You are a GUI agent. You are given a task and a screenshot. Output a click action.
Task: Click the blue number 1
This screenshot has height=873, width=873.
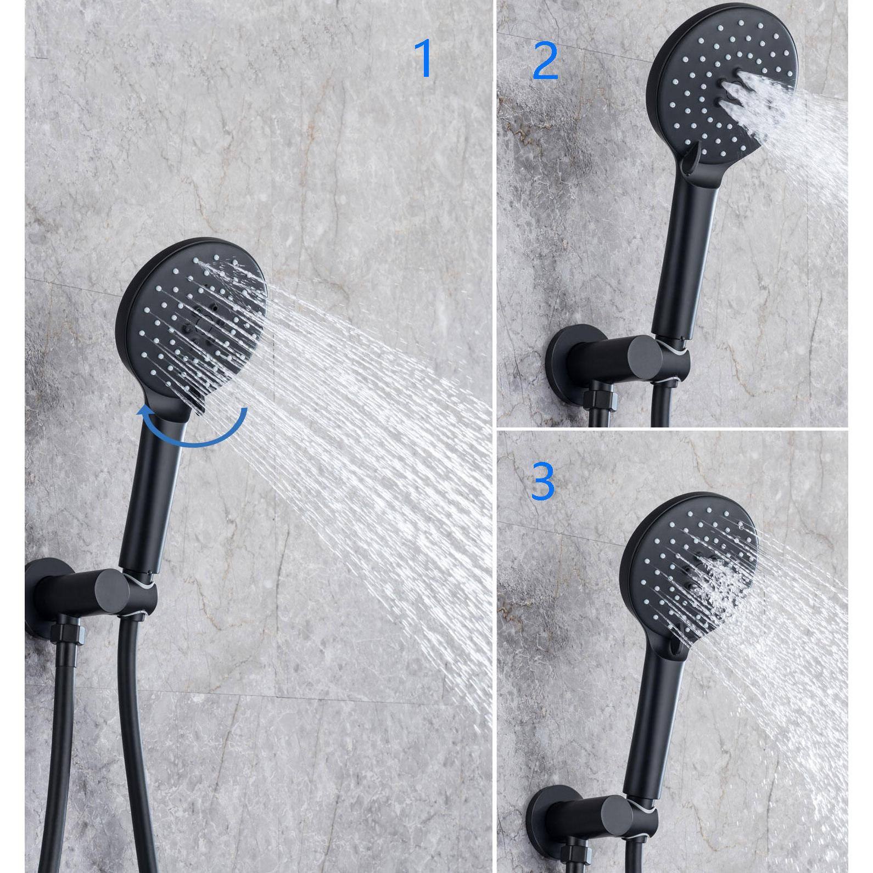pyautogui.click(x=424, y=58)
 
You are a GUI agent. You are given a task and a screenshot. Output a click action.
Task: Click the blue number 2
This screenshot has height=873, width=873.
pyautogui.click(x=545, y=63)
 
